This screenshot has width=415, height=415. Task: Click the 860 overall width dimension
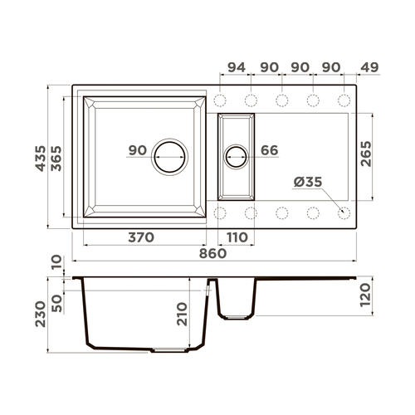pyautogui.click(x=212, y=253)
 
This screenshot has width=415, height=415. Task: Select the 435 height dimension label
pyautogui.click(x=41, y=159)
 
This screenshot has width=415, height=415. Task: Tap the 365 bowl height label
pyautogui.click(x=57, y=159)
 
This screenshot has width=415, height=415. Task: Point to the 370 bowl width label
pyautogui.click(x=141, y=237)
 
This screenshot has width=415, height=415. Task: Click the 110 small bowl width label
pyautogui.click(x=237, y=237)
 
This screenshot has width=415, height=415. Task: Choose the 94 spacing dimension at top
pyautogui.click(x=237, y=67)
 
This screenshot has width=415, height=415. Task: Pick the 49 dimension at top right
pyautogui.click(x=369, y=67)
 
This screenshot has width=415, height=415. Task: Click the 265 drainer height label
pyautogui.click(x=366, y=154)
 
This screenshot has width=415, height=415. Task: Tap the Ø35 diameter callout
pyautogui.click(x=308, y=182)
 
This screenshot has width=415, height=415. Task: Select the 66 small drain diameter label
pyautogui.click(x=270, y=150)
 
